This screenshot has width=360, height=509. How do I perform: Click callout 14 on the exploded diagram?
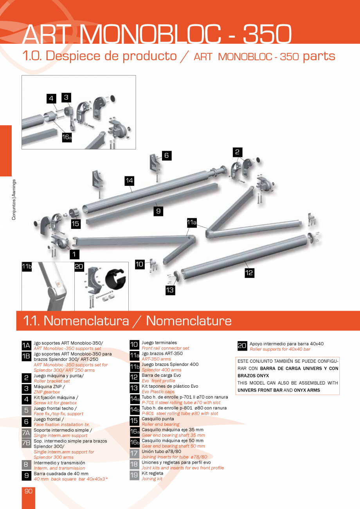tap(130, 180)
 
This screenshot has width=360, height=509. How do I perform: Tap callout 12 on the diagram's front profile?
tap(249, 273)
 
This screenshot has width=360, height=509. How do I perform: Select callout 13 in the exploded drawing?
tap(170, 290)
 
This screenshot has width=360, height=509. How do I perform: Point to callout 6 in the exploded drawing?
tap(166, 155)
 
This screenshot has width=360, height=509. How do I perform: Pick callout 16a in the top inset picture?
tap(67, 137)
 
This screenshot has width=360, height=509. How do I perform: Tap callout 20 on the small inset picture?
tap(79, 266)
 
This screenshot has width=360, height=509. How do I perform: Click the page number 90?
tap(29, 491)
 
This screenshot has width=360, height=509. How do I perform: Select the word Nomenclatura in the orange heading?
tap(86, 321)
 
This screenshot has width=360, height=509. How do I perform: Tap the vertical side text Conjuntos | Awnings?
tap(14, 200)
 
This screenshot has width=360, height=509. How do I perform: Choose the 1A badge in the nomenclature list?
tap(26, 345)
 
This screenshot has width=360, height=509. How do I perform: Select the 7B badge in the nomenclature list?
tap(26, 443)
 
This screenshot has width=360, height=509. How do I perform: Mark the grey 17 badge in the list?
tap(134, 453)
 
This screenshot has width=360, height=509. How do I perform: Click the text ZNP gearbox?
tap(47, 392)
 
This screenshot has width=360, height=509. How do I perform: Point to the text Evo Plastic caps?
tap(158, 392)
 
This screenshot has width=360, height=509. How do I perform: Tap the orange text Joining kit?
tap(152, 479)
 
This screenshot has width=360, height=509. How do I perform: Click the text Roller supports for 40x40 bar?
tap(280, 349)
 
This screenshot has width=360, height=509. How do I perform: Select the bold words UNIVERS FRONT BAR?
tap(260, 390)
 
